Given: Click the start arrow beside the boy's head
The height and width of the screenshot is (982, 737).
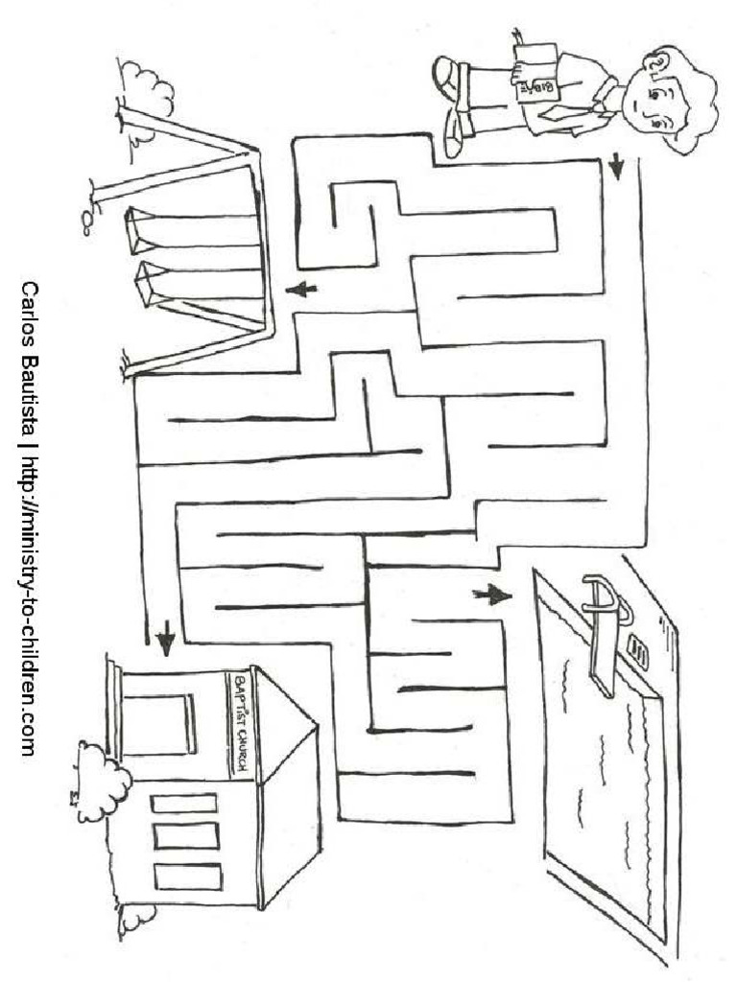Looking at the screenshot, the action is [x=617, y=166].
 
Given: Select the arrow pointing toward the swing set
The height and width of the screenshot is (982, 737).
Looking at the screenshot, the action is [x=300, y=290].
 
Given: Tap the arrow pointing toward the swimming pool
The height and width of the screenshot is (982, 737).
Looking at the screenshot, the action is [x=492, y=595].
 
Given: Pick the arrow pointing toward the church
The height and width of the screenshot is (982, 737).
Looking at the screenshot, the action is [x=165, y=638].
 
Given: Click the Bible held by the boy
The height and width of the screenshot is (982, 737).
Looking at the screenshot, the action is [x=535, y=72].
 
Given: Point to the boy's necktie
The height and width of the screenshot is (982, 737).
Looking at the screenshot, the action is [x=564, y=112].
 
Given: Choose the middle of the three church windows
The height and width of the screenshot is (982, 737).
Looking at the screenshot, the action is [x=187, y=836].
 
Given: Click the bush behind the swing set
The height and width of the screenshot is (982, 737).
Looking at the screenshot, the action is [x=147, y=84].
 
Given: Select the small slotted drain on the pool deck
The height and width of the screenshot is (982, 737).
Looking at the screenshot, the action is [x=638, y=651].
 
